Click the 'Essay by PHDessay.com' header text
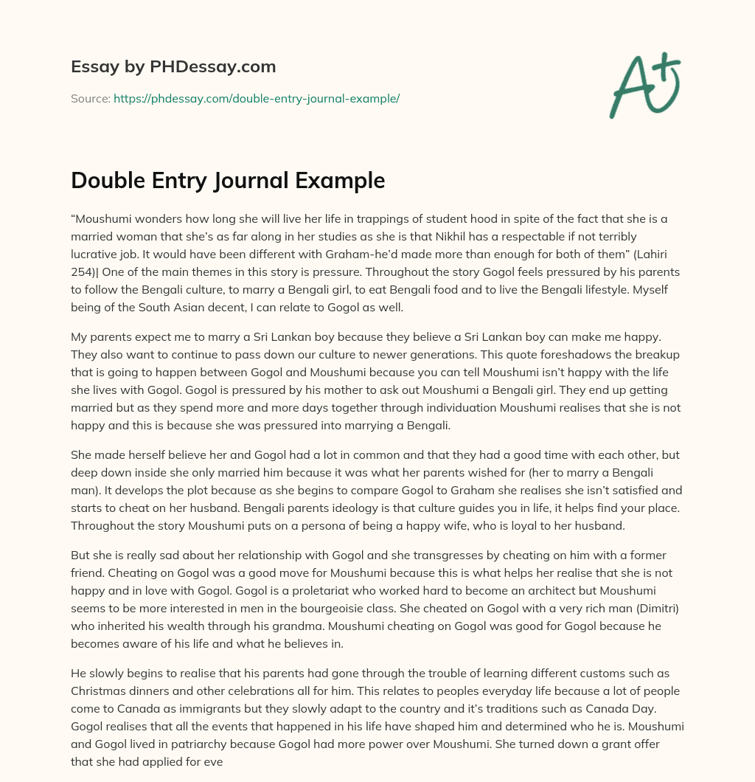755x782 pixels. click(173, 67)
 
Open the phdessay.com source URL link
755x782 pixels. click(256, 98)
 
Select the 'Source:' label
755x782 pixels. click(90, 98)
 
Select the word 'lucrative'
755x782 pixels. click(94, 253)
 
